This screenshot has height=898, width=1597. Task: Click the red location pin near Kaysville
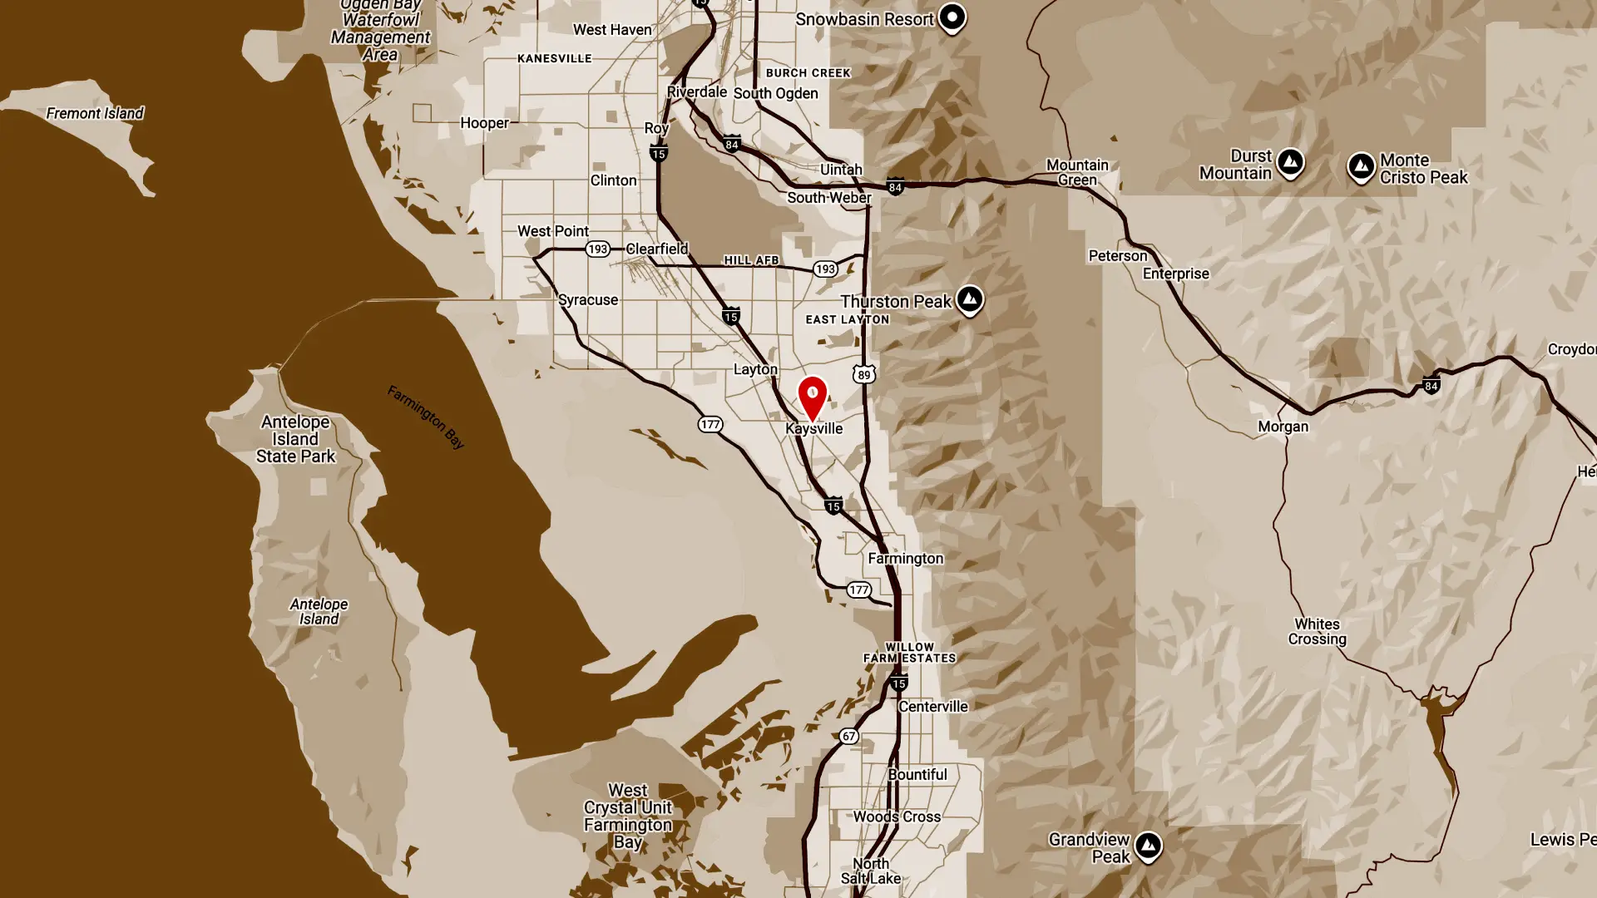coord(813,396)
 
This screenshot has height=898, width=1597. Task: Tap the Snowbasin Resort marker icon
coord(952,17)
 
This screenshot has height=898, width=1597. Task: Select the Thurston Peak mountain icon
coord(969,299)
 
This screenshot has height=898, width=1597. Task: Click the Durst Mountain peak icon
coord(1290,162)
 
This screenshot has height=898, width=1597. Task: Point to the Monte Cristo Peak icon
coord(1362,167)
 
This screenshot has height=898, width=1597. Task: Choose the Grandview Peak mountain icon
coord(1148,846)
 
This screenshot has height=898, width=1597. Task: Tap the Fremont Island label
coord(95,113)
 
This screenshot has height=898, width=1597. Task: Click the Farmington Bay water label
coord(426,417)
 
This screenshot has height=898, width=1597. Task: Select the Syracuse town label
coord(588,300)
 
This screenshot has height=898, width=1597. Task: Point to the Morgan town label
coord(1283,427)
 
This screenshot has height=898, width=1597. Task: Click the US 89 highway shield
coord(864,375)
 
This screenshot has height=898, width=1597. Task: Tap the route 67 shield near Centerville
coord(848,736)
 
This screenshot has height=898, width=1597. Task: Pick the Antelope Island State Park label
coord(295,439)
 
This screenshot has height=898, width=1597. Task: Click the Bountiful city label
coord(917,774)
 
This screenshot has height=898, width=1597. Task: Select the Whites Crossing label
coord(1317,631)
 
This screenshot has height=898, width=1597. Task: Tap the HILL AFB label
coord(751,260)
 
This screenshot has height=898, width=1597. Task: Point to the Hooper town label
coord(484,123)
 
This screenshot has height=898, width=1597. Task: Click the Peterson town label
coord(1117,256)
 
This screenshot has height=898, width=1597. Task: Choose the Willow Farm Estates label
coord(909,652)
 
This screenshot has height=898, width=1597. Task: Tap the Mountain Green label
coord(1077,172)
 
